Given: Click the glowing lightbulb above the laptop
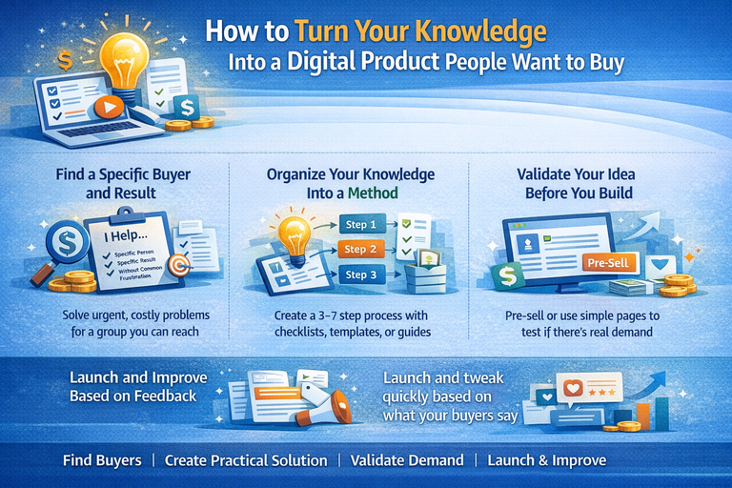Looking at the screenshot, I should [121, 51].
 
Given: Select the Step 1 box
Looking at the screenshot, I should [359, 226].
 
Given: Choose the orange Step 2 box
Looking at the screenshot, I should [359, 250].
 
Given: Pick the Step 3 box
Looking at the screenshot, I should [359, 275].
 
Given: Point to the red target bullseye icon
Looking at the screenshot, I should [179, 266].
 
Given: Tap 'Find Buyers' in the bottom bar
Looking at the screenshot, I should [102, 460].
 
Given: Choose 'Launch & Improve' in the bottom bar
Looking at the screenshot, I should [546, 460].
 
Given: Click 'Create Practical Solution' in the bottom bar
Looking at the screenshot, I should [246, 460].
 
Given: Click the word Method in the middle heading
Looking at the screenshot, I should [375, 193].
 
